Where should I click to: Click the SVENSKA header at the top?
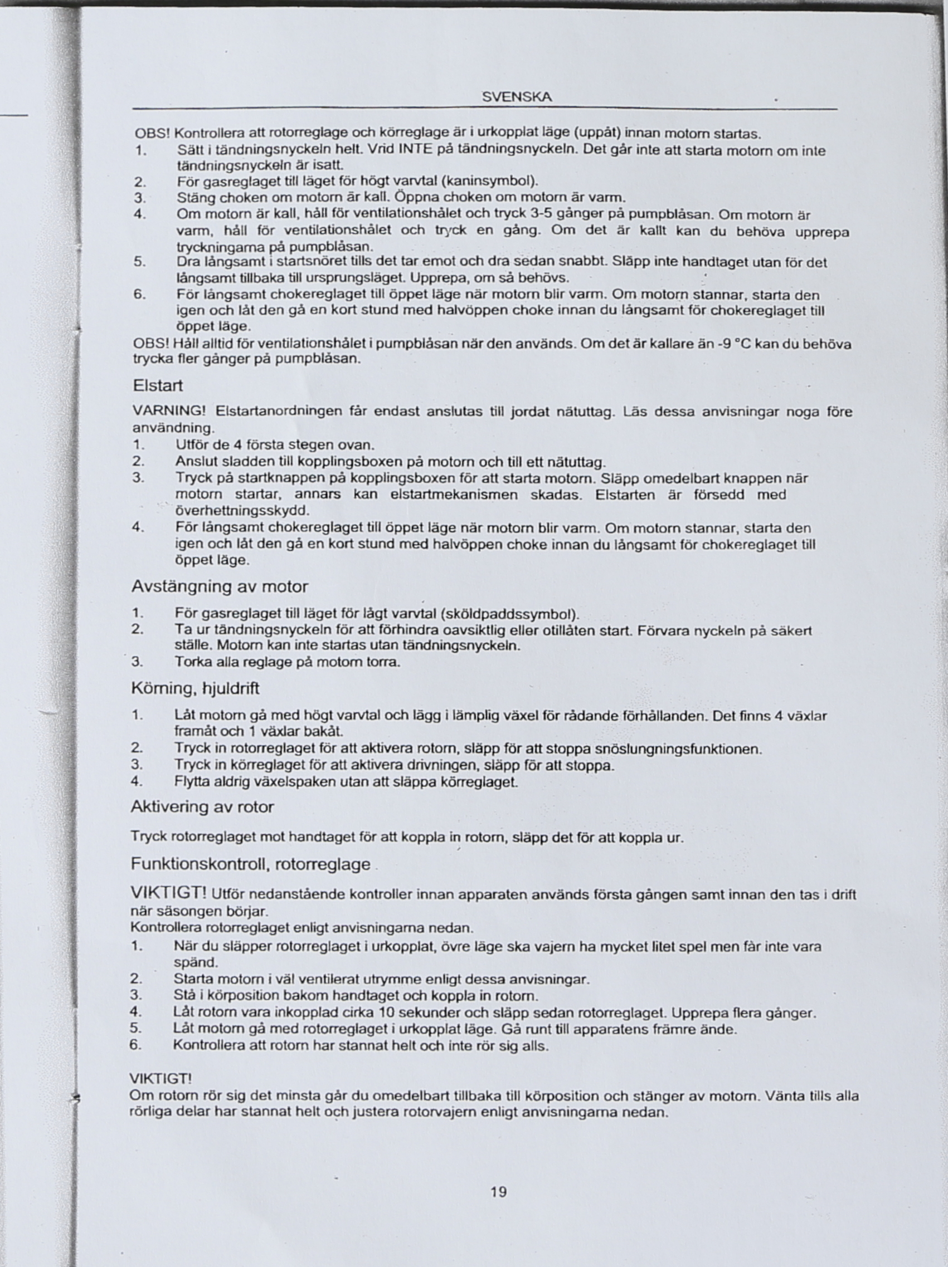[517, 97]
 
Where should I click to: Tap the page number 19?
[498, 1191]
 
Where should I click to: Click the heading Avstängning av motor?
[220, 586]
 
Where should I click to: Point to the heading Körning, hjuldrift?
[196, 687]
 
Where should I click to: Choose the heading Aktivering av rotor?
[202, 806]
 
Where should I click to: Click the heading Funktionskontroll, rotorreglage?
[250, 864]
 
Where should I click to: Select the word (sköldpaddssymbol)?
[510, 615]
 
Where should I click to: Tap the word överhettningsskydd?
[242, 510]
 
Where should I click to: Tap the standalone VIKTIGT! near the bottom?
[161, 1079]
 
